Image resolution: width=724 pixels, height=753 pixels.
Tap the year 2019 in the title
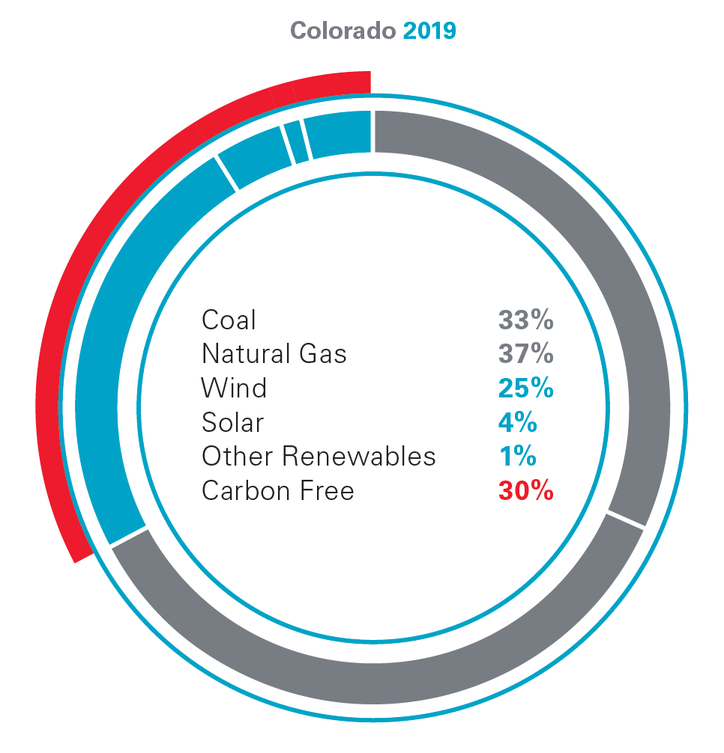pyautogui.click(x=429, y=31)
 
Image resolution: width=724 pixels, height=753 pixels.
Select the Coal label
pyautogui.click(x=229, y=320)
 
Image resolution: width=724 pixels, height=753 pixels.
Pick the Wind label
pyautogui.click(x=234, y=388)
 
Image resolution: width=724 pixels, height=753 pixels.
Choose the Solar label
pyautogui.click(x=232, y=422)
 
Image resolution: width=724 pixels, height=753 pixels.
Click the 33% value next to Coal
pyautogui.click(x=525, y=320)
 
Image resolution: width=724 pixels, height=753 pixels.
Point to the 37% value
pyautogui.click(x=525, y=353)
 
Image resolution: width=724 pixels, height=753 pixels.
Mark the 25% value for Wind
pyautogui.click(x=525, y=388)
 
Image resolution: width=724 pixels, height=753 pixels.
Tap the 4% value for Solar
pyautogui.click(x=517, y=422)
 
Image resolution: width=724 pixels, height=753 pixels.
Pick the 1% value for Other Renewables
pyautogui.click(x=517, y=456)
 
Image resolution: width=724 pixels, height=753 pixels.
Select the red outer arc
pyautogui.click(x=67, y=337)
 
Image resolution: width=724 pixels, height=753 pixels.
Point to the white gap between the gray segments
pyautogui.click(x=625, y=519)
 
